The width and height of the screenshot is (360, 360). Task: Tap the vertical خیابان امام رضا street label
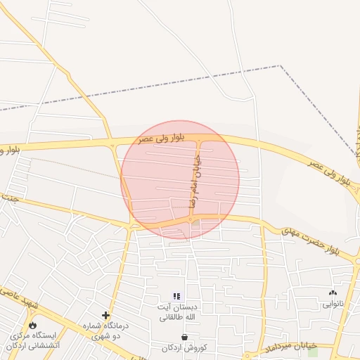click(191, 181)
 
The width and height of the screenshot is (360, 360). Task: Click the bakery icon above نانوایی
click(332, 292)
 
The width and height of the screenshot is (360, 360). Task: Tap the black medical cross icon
click(105, 315)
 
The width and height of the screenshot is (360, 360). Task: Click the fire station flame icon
click(32, 325)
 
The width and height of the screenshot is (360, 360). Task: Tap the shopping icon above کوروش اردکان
click(184, 337)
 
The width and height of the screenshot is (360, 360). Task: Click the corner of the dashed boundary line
click(280, 66)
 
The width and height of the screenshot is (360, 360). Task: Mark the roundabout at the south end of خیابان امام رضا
click(191, 219)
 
